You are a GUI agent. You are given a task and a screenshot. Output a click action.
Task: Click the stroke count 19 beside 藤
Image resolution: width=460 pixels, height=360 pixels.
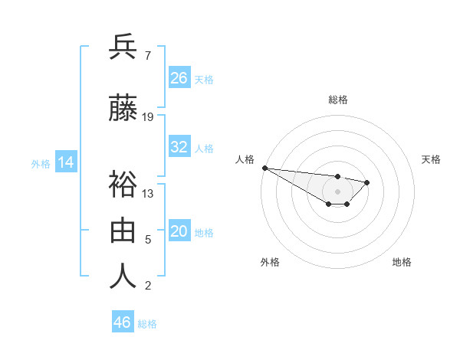pyautogui.click(x=148, y=117)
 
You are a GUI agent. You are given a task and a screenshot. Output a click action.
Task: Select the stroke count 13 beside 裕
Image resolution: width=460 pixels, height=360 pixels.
pyautogui.click(x=148, y=193)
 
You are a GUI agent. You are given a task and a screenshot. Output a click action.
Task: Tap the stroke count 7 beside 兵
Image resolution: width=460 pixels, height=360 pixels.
pyautogui.click(x=147, y=56)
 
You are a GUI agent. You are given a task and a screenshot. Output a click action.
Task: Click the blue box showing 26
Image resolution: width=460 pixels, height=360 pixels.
pyautogui.click(x=179, y=77)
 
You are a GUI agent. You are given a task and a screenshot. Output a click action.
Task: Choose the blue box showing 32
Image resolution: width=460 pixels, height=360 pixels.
pyautogui.click(x=179, y=147)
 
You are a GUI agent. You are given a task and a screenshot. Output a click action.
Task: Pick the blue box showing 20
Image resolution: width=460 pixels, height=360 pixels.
pyautogui.click(x=179, y=231)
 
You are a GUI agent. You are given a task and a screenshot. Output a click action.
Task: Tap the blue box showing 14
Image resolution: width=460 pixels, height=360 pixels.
pyautogui.click(x=65, y=162)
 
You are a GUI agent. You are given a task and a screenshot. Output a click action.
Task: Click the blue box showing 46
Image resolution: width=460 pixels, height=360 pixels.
pyautogui.click(x=123, y=322)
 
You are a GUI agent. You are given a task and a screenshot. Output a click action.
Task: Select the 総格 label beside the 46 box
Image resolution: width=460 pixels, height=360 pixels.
pyautogui.click(x=147, y=324)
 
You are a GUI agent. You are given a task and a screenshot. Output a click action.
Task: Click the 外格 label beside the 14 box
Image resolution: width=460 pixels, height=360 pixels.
pyautogui.click(x=40, y=163)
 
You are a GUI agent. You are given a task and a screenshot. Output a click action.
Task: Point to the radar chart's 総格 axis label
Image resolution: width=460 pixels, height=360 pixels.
pyautogui.click(x=337, y=100)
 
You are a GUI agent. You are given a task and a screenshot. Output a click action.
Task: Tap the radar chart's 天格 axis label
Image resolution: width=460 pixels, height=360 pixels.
pyautogui.click(x=431, y=159)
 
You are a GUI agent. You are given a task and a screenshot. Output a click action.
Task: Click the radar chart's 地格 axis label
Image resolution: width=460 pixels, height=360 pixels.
pyautogui.click(x=402, y=262)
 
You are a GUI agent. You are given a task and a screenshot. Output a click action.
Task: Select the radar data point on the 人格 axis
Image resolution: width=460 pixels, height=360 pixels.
pyautogui.click(x=264, y=168)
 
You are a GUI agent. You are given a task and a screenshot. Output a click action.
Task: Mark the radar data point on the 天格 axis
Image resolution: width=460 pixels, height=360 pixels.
pyautogui.click(x=367, y=182)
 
